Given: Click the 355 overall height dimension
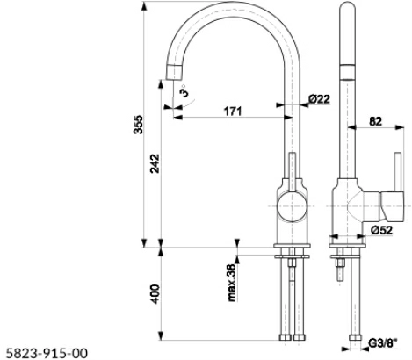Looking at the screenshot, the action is click(138, 125).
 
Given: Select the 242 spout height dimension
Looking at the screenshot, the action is click(155, 163).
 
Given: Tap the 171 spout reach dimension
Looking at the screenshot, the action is click(233, 112).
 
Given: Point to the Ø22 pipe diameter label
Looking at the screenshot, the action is click(319, 99).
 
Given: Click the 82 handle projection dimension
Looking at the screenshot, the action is click(375, 121).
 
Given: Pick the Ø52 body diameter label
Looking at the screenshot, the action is click(381, 230).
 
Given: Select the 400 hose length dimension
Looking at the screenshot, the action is click(155, 294).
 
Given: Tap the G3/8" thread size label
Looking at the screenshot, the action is click(383, 343).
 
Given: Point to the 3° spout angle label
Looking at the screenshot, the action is click(184, 91).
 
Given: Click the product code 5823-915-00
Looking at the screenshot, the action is click(47, 353).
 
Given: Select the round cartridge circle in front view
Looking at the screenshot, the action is click(293, 206).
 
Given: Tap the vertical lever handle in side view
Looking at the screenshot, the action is click(398, 172).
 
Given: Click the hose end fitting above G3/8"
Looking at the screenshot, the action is click(355, 337).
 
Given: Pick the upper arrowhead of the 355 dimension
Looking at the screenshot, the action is click(144, 6).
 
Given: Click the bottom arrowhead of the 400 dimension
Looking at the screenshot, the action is click(161, 335).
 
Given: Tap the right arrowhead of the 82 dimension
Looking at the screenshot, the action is click(400, 127).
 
